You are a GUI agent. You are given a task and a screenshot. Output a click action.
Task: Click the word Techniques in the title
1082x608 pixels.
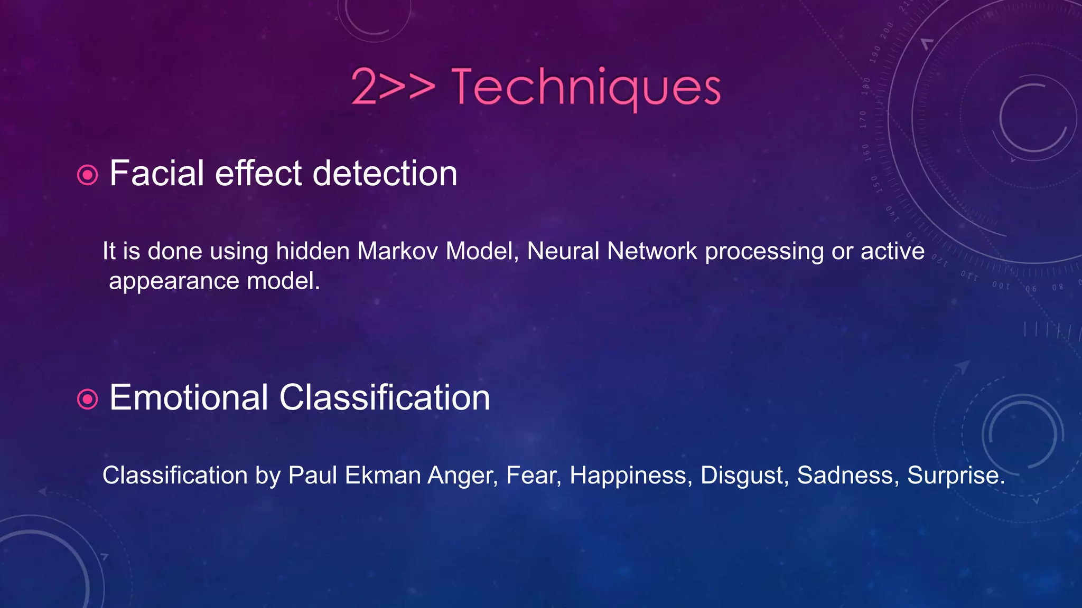pyautogui.click(x=585, y=87)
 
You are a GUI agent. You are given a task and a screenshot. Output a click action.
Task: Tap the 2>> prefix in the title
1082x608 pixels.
pyautogui.click(x=393, y=87)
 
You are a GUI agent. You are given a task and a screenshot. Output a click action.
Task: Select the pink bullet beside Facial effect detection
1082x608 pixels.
pyautogui.click(x=88, y=175)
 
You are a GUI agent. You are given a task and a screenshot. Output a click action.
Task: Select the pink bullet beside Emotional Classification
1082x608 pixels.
pyautogui.click(x=88, y=399)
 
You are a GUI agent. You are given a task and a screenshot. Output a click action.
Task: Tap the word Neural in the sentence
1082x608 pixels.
pyautogui.click(x=563, y=251)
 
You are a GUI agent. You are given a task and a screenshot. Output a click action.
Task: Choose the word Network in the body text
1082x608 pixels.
pyautogui.click(x=652, y=251)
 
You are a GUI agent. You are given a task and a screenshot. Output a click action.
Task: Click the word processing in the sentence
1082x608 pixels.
pyautogui.click(x=764, y=252)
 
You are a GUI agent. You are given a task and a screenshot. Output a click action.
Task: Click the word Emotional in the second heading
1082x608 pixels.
pyautogui.click(x=189, y=397)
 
